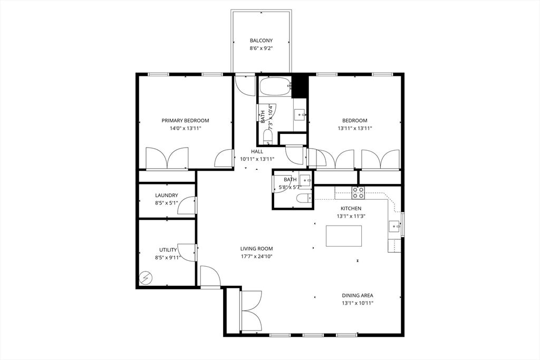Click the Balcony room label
point(261,41)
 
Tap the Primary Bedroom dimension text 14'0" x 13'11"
point(185,128)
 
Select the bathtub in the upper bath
point(275,87)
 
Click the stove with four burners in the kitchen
point(358,192)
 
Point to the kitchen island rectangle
point(344,236)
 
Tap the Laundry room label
point(166,195)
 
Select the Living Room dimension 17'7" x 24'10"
point(256,256)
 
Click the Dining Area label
point(358,296)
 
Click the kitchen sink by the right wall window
point(393,227)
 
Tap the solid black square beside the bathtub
point(300,86)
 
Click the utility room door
point(188,252)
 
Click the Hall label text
point(257,152)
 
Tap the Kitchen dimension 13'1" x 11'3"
point(351,216)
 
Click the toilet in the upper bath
point(267,137)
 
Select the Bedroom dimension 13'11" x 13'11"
point(355,128)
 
